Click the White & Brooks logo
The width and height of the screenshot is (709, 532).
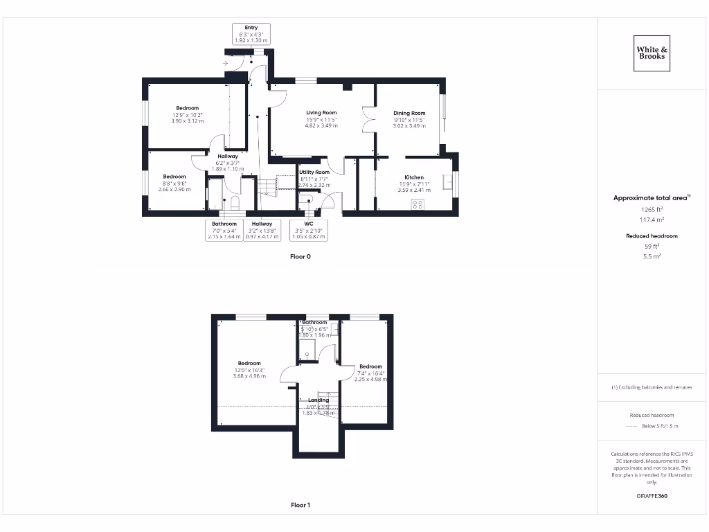[x=652, y=53]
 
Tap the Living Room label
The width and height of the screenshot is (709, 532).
[x=321, y=112]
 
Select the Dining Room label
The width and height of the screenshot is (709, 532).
[x=409, y=113]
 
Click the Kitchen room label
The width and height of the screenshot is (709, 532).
[x=414, y=177]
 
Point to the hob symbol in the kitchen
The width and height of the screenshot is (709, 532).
[x=418, y=204]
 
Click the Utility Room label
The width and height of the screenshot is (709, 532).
[x=314, y=172]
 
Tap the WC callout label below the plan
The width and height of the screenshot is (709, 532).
[x=309, y=224]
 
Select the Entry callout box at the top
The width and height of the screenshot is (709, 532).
[x=251, y=34]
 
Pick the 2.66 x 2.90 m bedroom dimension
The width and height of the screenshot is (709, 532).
[x=174, y=189]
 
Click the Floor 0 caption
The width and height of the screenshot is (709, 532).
[x=300, y=256]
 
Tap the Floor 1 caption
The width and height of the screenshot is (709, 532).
[x=300, y=505]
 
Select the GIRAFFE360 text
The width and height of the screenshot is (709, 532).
[x=652, y=496]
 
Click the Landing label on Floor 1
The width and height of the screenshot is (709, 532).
[x=318, y=400]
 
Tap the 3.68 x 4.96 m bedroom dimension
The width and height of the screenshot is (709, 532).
[x=249, y=376]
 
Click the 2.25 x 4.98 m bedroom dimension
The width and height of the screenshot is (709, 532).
[x=370, y=379]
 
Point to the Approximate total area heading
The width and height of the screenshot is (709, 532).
[x=651, y=198]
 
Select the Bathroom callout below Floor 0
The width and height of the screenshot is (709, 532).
[x=224, y=224]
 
